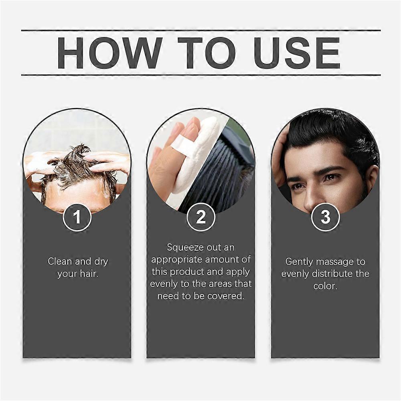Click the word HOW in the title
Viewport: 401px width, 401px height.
(x=109, y=53)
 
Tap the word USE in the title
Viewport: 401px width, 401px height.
(x=297, y=53)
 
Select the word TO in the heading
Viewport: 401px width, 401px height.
(x=206, y=53)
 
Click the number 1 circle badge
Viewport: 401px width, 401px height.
(x=77, y=217)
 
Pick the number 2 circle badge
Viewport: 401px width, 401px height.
(x=201, y=217)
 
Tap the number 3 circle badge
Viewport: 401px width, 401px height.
(x=325, y=217)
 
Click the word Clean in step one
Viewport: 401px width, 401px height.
(x=60, y=261)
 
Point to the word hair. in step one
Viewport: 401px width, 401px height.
(x=89, y=273)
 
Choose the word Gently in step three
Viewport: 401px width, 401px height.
(x=299, y=262)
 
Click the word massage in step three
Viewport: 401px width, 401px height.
(x=335, y=262)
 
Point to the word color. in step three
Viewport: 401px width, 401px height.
(x=325, y=286)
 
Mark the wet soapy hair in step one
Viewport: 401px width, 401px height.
(x=77, y=166)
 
